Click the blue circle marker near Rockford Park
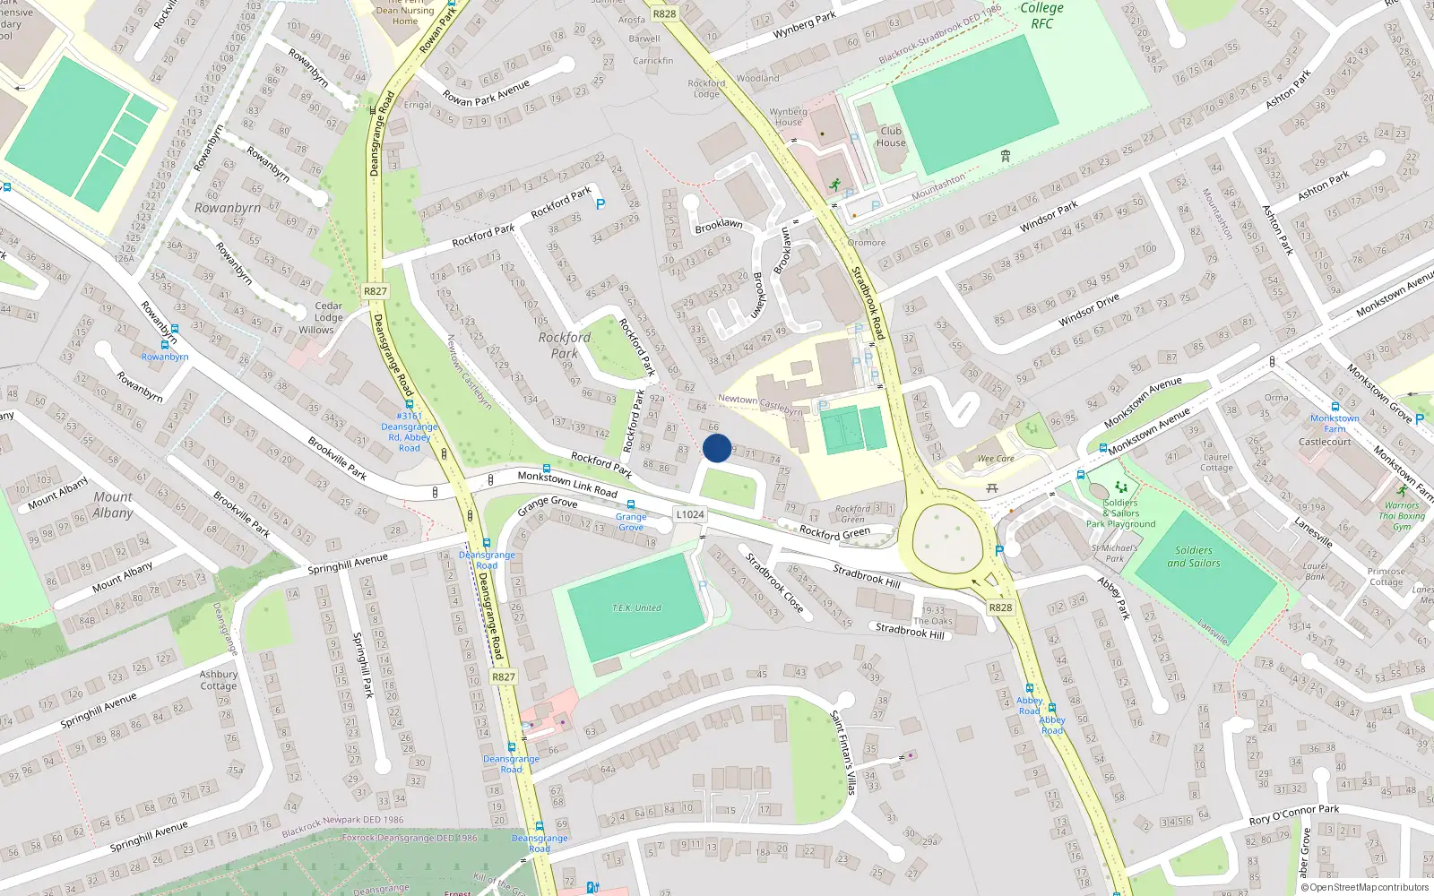717,448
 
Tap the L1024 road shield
690,514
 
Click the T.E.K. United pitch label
636,607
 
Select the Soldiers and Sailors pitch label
1194,556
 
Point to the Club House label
891,136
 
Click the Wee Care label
996,459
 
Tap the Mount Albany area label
113,504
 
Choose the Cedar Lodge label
328,312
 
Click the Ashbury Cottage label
219,680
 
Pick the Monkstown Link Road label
567,484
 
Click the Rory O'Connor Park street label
1294,814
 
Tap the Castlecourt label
1325,442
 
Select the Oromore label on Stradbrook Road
867,243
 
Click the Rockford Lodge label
706,89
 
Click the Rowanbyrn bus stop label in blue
165,357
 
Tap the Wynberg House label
789,117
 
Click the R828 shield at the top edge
664,13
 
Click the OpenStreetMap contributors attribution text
1364,887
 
